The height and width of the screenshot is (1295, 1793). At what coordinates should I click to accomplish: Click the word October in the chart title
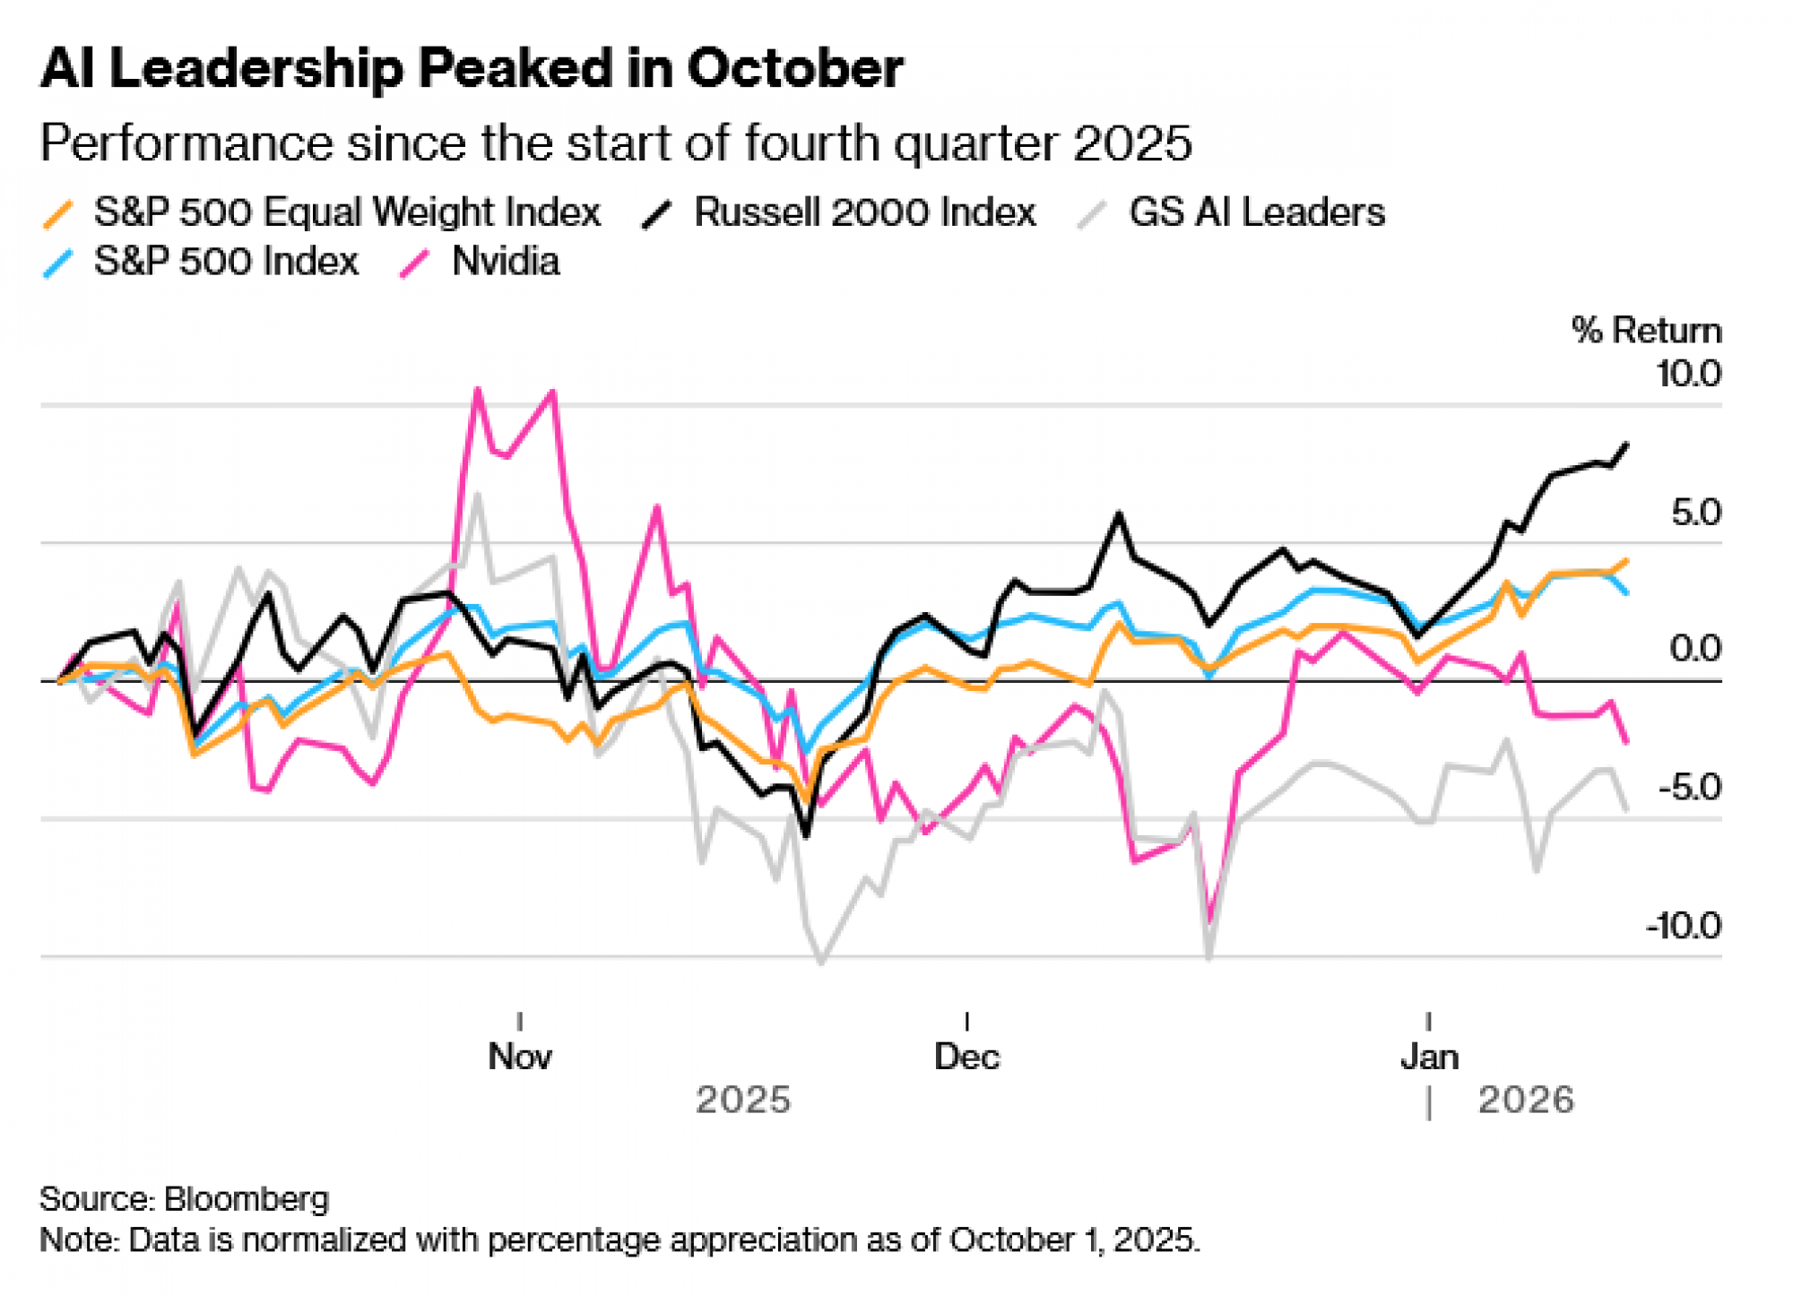tap(795, 68)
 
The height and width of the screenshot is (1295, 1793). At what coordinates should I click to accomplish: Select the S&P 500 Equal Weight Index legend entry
tap(346, 212)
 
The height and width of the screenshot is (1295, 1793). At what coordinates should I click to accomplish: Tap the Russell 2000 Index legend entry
tap(864, 212)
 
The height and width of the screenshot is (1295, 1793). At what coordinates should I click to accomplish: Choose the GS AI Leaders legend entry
tap(1256, 212)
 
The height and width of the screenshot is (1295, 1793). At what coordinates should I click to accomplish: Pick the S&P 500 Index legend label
tap(226, 262)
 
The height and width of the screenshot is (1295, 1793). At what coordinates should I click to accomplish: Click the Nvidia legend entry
tap(506, 262)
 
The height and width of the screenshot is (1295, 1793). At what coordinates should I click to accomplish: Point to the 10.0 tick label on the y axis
tap(1688, 374)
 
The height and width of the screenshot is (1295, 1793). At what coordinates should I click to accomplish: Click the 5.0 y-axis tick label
tap(1695, 513)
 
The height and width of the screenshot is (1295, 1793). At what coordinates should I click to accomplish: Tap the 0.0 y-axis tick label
tap(1694, 648)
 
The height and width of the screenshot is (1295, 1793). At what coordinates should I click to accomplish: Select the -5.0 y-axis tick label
tap(1689, 788)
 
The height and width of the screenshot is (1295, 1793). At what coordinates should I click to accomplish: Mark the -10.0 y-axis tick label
tap(1683, 926)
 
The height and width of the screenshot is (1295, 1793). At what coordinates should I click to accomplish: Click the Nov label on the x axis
tap(520, 1057)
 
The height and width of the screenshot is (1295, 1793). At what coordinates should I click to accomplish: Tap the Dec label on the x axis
tap(966, 1057)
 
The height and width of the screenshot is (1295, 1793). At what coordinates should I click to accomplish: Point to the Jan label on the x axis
tap(1429, 1057)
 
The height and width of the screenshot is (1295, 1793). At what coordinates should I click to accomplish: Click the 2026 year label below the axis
tap(1526, 1100)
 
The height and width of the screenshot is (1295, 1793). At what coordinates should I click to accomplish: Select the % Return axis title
tap(1646, 331)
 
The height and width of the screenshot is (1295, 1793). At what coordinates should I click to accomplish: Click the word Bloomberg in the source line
tap(247, 1198)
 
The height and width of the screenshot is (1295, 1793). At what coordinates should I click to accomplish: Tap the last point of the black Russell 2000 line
tap(1627, 445)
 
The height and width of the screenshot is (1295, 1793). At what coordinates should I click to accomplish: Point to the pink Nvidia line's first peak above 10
tap(478, 389)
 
